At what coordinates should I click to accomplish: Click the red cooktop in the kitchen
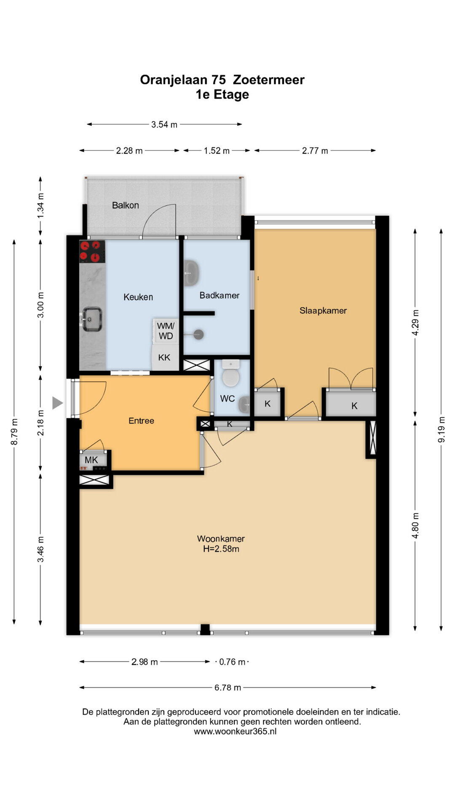click(92, 252)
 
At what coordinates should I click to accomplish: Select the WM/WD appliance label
click(166, 331)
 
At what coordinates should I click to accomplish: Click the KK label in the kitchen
click(164, 357)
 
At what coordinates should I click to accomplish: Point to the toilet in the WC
click(230, 373)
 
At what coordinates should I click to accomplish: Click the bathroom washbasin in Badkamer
click(191, 273)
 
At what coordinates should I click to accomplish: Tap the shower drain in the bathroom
click(198, 335)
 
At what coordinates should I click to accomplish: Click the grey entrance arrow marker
click(57, 403)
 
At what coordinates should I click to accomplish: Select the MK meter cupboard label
click(91, 460)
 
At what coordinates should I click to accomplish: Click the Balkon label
click(125, 205)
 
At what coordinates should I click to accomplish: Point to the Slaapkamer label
click(323, 311)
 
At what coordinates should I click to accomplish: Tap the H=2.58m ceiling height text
click(221, 549)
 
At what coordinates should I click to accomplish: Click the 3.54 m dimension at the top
click(164, 124)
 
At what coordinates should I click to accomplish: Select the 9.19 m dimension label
click(441, 429)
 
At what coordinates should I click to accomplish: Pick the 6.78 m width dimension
click(228, 688)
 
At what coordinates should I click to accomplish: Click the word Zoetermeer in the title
click(269, 80)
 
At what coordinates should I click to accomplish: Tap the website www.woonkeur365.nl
click(235, 731)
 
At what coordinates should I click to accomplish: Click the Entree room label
click(141, 421)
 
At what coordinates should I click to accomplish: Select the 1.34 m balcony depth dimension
click(40, 205)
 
